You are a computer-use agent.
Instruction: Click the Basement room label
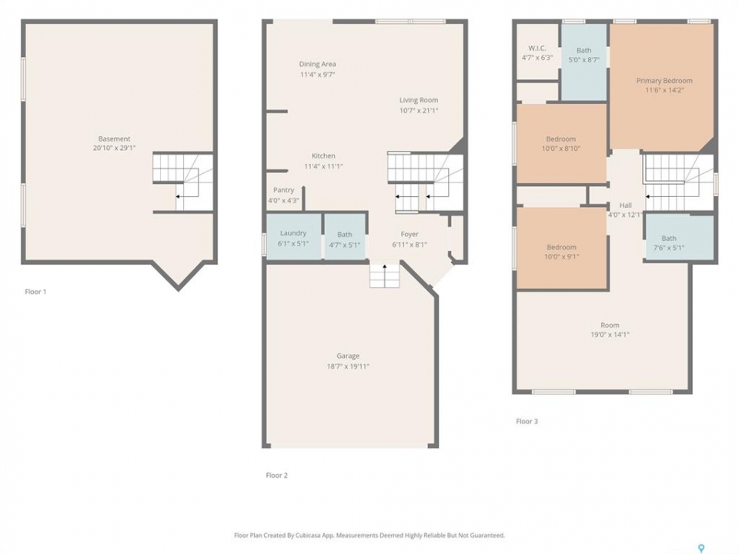click(x=114, y=138)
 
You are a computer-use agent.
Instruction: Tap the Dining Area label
click(x=318, y=64)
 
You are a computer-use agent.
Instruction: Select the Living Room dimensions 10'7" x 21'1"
click(x=419, y=110)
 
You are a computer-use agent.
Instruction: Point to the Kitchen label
click(x=323, y=155)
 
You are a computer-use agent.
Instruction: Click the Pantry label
click(x=284, y=190)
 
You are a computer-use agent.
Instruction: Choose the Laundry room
click(x=293, y=237)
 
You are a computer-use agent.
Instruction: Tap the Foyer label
click(x=410, y=234)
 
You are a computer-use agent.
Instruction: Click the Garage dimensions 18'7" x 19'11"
click(x=348, y=366)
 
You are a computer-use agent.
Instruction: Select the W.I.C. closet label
click(x=537, y=48)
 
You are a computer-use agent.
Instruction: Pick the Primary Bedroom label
click(x=664, y=81)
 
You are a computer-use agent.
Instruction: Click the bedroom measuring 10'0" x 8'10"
click(x=561, y=143)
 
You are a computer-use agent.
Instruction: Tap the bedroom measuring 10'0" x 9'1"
click(x=561, y=249)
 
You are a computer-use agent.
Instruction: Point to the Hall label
click(x=625, y=205)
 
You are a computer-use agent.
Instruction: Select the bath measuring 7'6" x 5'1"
click(x=679, y=238)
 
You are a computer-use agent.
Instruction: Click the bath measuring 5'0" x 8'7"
click(x=584, y=62)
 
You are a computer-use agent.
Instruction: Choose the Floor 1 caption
click(x=36, y=292)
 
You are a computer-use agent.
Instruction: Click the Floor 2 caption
click(x=276, y=476)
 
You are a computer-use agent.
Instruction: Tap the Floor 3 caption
click(x=527, y=421)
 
